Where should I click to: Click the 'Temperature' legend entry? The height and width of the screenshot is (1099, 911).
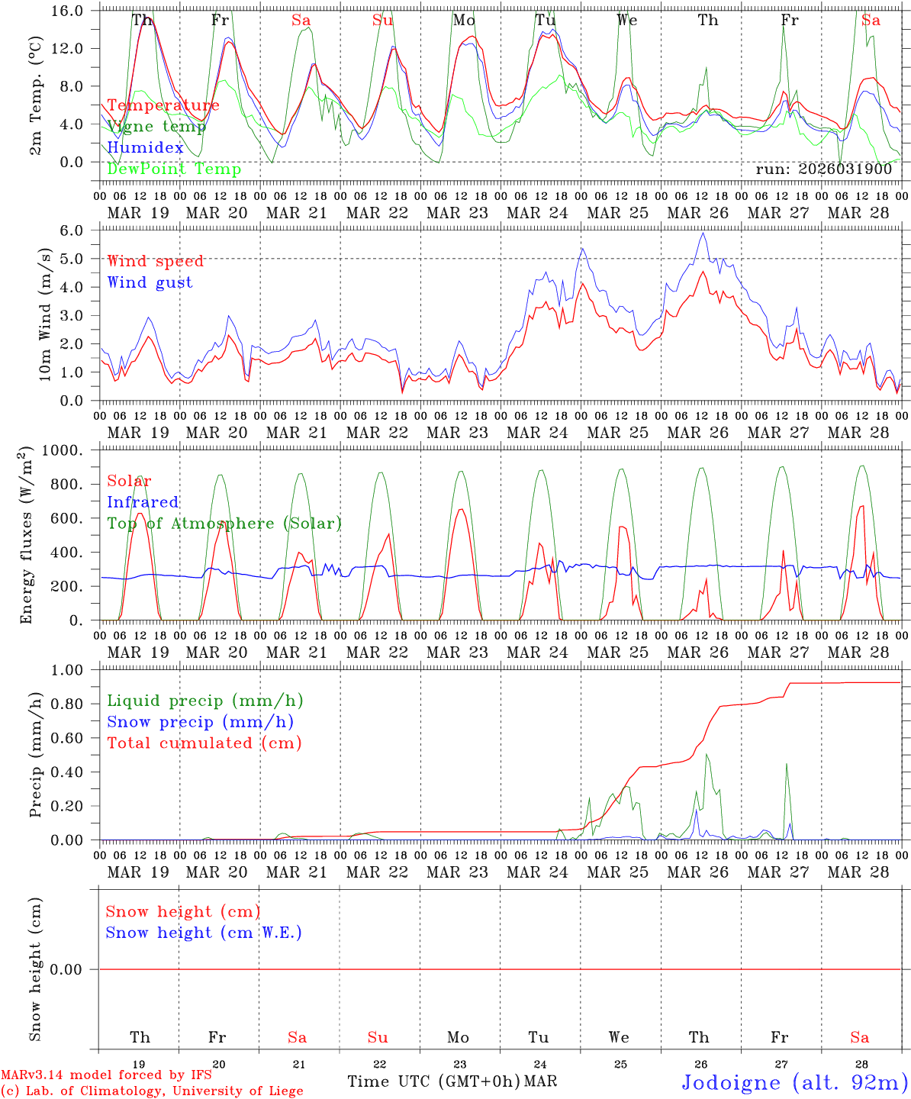163,105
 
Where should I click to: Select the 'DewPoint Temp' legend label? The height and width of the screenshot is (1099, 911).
174,169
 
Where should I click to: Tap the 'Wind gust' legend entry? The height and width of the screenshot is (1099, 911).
150,282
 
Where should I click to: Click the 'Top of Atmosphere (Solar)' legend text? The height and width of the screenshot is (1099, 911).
224,524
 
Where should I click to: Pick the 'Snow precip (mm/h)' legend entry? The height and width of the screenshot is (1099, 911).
200,722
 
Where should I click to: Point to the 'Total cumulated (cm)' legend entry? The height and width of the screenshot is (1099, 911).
204,743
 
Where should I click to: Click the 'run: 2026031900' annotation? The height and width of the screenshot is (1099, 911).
823,169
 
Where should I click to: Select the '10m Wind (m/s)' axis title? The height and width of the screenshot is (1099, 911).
46,314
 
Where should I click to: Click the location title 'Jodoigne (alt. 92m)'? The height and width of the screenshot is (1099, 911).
794,1082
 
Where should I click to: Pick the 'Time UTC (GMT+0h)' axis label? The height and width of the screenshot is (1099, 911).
433,1081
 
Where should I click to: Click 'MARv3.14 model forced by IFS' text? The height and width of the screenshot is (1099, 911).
106,1075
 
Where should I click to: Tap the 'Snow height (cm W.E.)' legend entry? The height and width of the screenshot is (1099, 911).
203,933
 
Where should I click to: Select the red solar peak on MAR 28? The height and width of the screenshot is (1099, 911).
862,506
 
